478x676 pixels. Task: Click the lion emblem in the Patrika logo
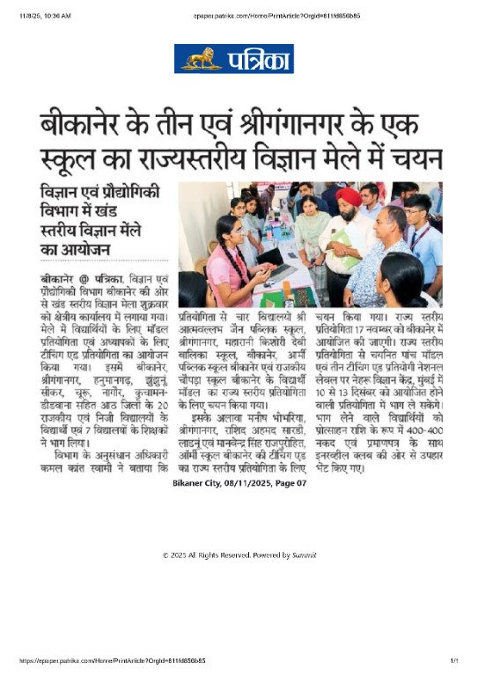(202, 59)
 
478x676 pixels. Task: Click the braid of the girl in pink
(235, 255)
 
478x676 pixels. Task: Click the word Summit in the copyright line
(304, 555)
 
